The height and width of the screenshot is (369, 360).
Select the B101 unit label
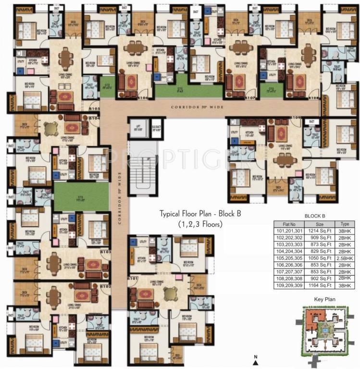tap(133, 279)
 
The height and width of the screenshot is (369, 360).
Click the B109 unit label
tap(295, 117)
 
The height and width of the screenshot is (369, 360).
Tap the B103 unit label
tap(106, 252)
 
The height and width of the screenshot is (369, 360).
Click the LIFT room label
tap(137, 127)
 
